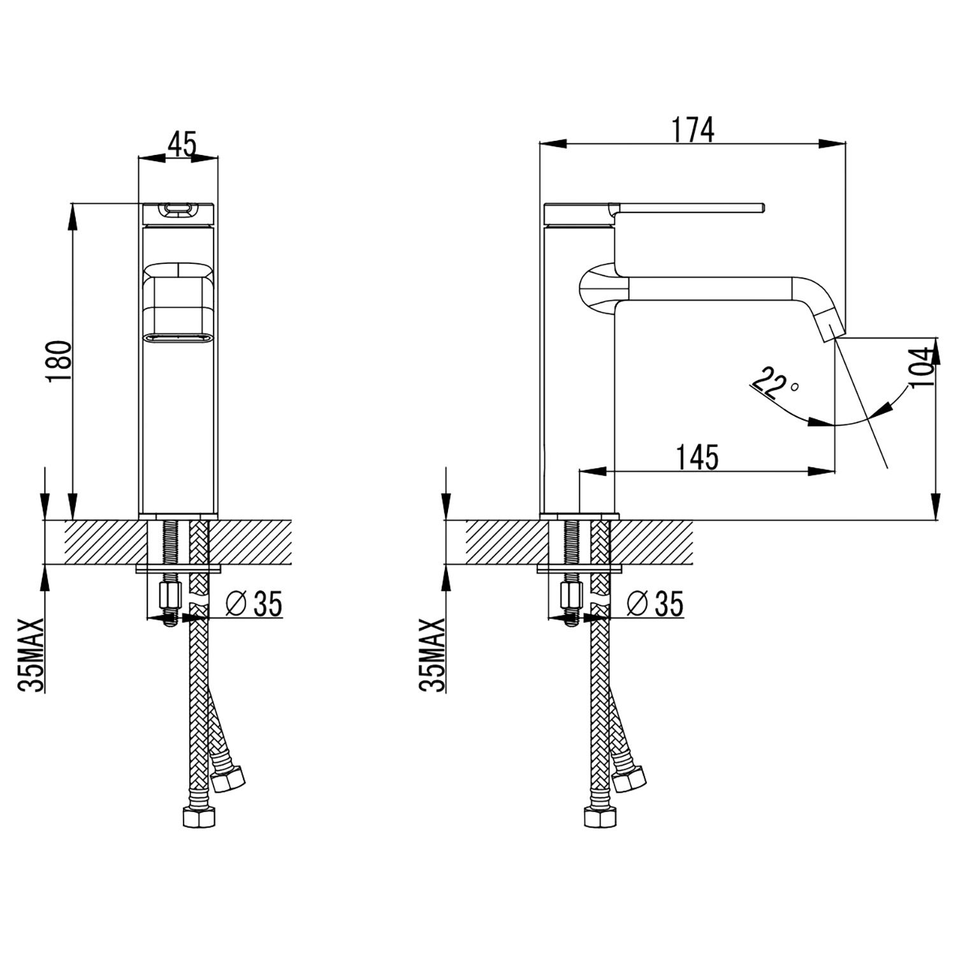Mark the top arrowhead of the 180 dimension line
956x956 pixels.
pos(73,217)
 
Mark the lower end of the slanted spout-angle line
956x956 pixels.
pos(887,468)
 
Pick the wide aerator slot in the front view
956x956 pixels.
pos(178,338)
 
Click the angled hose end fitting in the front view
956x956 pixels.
pos(228,777)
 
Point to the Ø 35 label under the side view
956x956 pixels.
pos(655,604)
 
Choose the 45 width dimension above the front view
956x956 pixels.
pos(182,143)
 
